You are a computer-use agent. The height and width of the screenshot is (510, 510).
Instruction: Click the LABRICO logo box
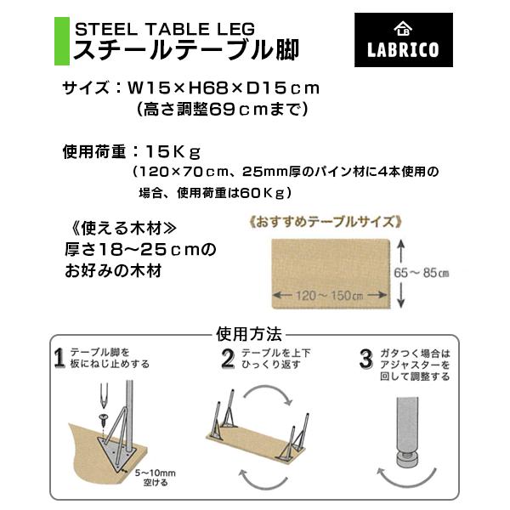click(403, 40)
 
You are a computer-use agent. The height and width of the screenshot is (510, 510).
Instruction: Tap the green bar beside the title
click(62, 42)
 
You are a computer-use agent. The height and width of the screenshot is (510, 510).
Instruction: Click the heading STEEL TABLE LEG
click(165, 29)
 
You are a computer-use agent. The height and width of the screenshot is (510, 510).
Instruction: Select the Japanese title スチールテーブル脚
click(186, 50)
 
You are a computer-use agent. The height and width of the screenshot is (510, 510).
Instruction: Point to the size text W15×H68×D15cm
click(224, 88)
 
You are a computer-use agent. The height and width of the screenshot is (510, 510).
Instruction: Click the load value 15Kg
click(173, 152)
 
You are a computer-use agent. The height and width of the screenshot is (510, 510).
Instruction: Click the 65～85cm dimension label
click(422, 273)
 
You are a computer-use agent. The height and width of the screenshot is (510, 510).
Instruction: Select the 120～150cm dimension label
click(329, 296)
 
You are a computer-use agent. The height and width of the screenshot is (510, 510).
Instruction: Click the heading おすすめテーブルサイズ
click(326, 222)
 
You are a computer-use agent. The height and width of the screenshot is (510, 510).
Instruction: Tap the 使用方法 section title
click(249, 334)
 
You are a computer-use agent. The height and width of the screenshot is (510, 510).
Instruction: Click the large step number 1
click(59, 358)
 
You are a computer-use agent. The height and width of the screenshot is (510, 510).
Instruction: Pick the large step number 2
click(228, 359)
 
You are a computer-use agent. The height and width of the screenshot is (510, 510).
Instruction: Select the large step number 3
click(366, 359)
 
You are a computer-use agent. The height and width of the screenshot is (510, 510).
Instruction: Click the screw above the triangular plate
click(104, 419)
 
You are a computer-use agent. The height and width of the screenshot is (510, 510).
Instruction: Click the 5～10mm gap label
click(156, 478)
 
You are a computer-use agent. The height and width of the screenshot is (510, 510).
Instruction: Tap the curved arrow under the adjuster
click(406, 484)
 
